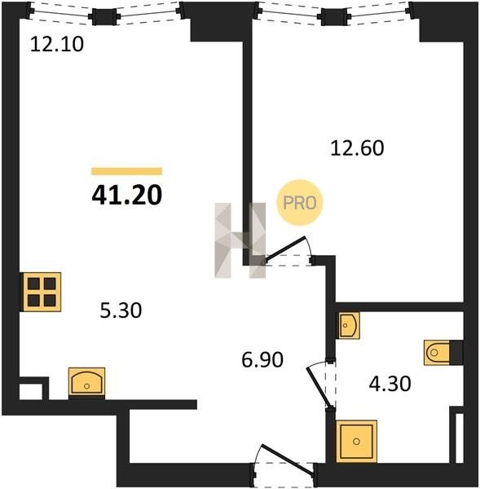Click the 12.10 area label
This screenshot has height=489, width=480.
(x=57, y=44)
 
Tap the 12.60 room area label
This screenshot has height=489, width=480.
(x=357, y=148)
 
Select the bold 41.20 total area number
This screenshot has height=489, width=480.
(x=127, y=196)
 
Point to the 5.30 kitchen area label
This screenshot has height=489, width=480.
(x=121, y=311)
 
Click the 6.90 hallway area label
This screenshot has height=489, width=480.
(x=262, y=359)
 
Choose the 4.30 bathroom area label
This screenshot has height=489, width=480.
(x=390, y=384)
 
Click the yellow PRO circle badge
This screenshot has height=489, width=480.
(x=300, y=203)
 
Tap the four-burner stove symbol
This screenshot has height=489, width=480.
(x=42, y=292)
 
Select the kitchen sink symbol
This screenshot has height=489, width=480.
(x=86, y=382)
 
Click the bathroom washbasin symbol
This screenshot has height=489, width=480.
(x=348, y=325)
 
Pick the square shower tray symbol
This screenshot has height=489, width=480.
(x=356, y=441)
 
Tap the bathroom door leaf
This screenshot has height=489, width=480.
(x=319, y=386)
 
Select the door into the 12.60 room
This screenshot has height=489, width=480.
(x=285, y=248)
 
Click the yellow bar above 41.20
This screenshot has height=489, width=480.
(x=126, y=171)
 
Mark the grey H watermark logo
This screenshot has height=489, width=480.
(x=240, y=240)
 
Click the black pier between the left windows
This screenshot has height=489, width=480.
(x=104, y=17)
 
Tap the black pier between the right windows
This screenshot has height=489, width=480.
(x=334, y=17)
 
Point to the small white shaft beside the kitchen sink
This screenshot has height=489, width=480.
(x=31, y=391)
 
